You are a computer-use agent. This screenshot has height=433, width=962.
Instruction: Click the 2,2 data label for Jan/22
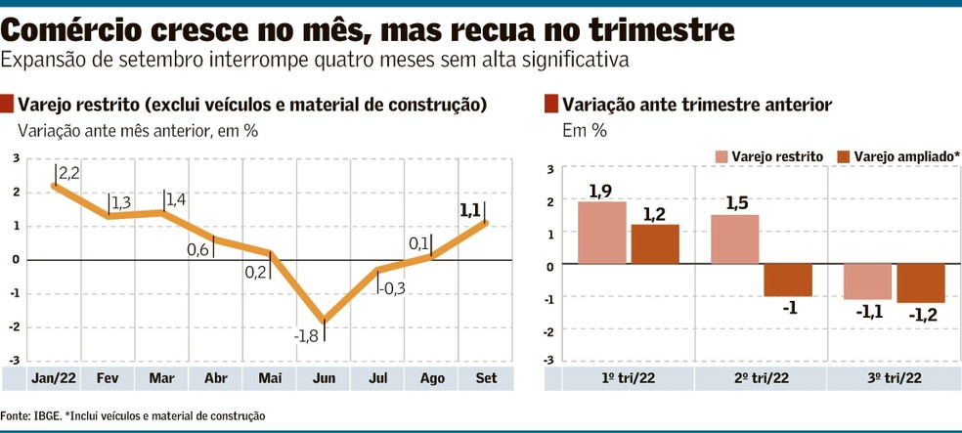point(69,174)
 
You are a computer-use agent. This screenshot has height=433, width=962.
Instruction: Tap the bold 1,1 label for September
point(469,209)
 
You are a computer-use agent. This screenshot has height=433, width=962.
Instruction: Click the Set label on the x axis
point(483,377)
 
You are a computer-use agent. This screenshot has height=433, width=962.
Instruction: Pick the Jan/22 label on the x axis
point(55,377)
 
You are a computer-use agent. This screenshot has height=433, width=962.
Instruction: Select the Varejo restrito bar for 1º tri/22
point(601,233)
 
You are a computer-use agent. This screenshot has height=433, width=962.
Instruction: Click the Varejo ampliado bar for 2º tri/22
point(788,281)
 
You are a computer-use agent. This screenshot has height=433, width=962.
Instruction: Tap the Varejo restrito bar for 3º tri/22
point(867,281)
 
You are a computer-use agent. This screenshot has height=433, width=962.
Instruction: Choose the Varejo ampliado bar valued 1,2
point(655,244)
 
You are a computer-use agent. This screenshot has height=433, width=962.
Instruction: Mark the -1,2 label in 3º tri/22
point(923,315)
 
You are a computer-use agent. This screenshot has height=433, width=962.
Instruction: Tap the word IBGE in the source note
point(45,416)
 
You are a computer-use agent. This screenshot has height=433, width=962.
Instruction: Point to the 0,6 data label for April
point(199,250)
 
